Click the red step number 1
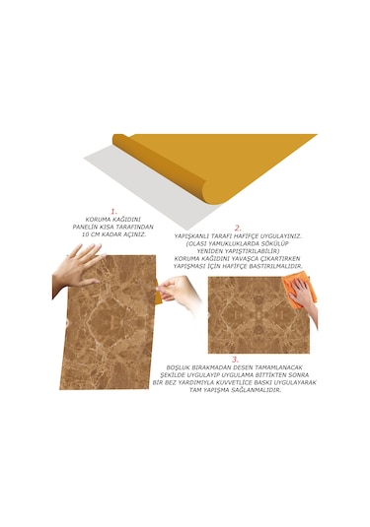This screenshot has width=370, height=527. pyautogui.click(x=113, y=211)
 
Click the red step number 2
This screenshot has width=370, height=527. pyautogui.click(x=237, y=228)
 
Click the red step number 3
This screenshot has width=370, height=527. pyautogui.click(x=233, y=360)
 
